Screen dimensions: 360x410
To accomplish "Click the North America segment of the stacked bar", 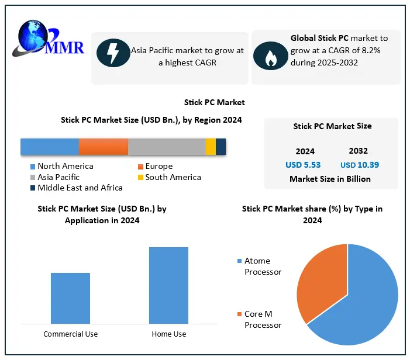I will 50,147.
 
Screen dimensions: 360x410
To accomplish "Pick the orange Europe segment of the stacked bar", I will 104,147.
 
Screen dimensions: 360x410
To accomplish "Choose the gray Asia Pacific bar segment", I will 167,147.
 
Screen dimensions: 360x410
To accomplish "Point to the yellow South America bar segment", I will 211,147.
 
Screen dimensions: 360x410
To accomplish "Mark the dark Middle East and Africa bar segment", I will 220,147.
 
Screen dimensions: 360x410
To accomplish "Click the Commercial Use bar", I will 70,297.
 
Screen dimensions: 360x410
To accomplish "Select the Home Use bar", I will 168,285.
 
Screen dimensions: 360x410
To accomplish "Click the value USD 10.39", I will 359,165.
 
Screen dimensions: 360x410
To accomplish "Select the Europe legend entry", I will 159,167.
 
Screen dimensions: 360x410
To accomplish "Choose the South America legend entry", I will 173,177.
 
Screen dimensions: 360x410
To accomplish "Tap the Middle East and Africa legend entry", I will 80,188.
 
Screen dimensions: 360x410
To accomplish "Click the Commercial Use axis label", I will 71,334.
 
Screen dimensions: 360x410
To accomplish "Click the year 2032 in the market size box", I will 358,151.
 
